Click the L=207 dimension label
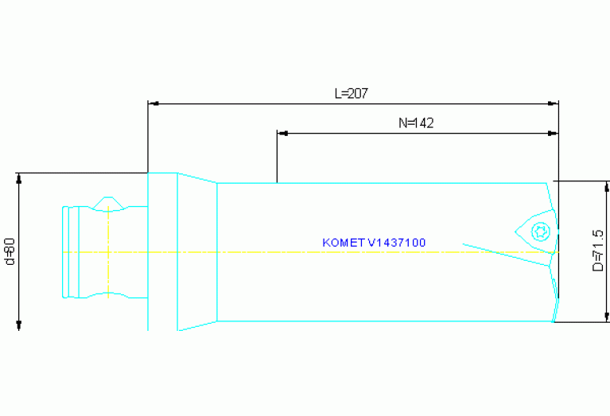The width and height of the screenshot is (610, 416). (x=351, y=93)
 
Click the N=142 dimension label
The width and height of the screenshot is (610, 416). (x=415, y=122)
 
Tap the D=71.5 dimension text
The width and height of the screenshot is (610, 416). (x=597, y=251)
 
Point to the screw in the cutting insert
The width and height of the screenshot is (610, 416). (x=541, y=231)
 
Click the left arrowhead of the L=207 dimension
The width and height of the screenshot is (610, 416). (x=153, y=103)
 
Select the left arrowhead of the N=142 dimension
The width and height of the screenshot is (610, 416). (x=282, y=133)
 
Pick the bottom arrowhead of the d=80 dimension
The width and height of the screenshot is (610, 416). (x=19, y=324)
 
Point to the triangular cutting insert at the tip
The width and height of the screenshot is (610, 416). (x=538, y=231)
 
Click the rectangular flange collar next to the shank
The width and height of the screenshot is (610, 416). (x=162, y=251)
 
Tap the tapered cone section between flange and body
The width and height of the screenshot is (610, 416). (x=196, y=251)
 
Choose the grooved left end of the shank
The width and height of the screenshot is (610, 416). (x=71, y=251)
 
